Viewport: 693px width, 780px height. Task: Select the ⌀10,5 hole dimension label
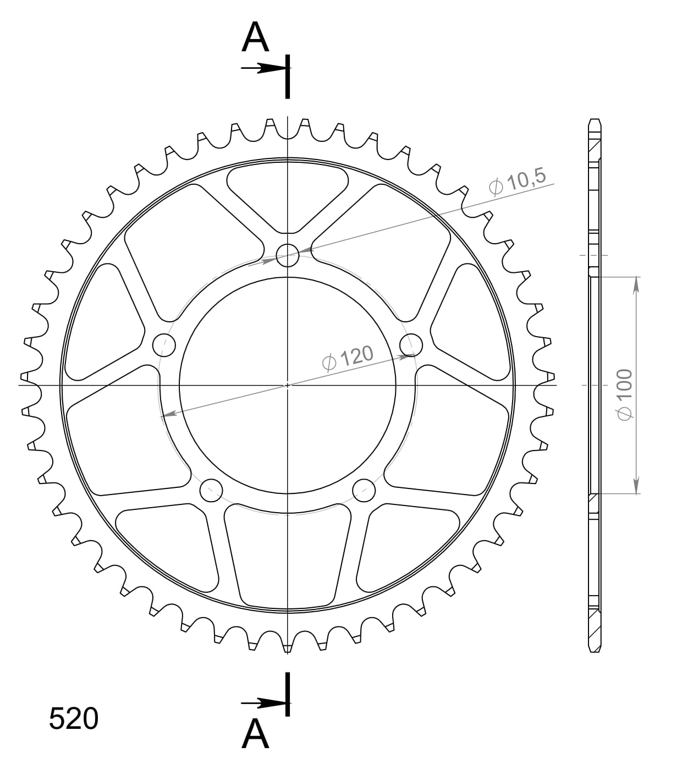click(517, 182)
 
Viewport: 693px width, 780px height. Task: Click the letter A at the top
click(255, 38)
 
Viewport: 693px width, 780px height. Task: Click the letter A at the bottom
click(255, 734)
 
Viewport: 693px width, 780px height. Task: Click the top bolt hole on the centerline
click(287, 255)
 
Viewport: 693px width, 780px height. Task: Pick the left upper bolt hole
click(163, 345)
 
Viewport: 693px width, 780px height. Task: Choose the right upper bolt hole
click(411, 345)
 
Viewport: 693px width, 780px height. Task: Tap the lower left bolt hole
click(211, 490)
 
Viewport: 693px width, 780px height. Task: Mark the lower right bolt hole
click(364, 490)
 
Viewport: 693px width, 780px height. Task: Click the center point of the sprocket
click(287, 385)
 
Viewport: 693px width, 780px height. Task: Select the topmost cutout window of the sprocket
click(287, 195)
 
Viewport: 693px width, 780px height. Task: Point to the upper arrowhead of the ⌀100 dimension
click(636, 284)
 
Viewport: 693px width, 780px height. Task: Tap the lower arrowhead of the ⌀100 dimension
click(636, 486)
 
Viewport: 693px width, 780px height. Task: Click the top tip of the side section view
click(595, 120)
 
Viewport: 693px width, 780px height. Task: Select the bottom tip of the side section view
click(595, 651)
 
